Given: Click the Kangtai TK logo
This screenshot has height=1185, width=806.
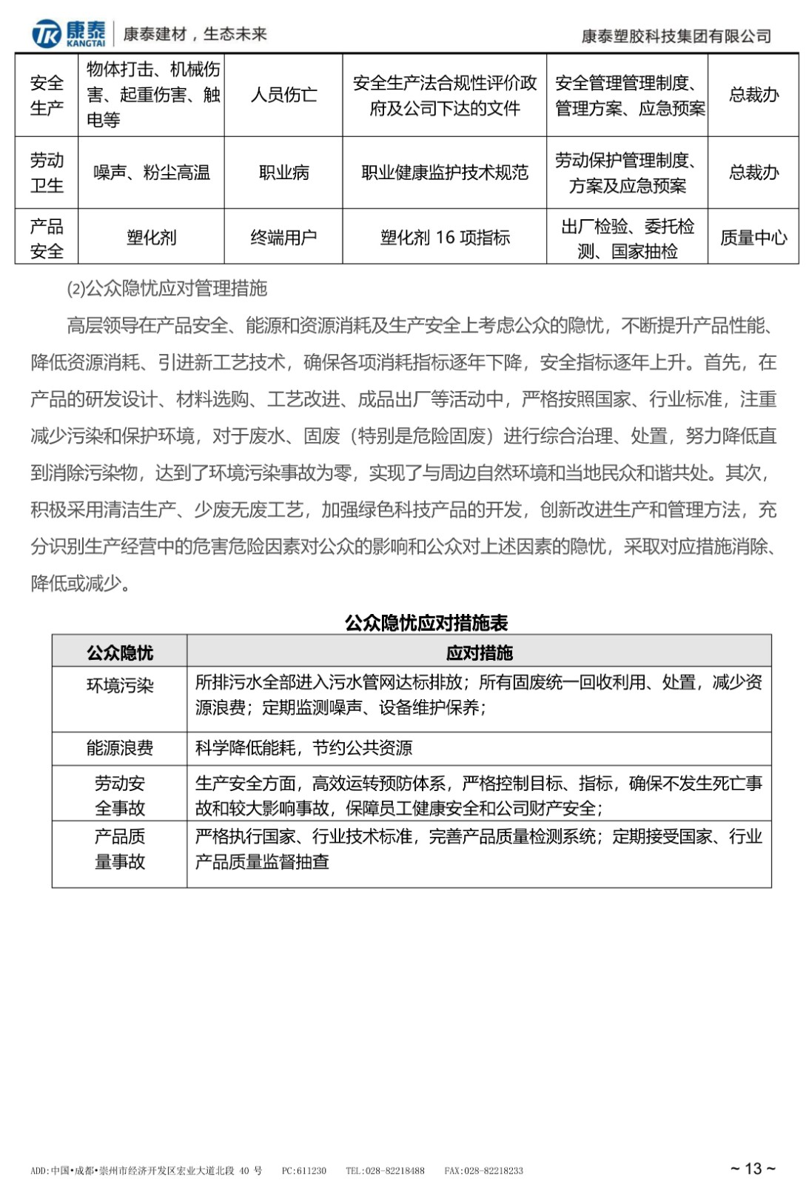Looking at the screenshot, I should click(68, 33).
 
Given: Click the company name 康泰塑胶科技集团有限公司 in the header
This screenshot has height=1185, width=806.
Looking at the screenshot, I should click(676, 36).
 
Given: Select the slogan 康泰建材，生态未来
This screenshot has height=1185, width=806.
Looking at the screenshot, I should click(195, 34).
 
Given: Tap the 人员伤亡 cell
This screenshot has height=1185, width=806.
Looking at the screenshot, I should click(283, 95).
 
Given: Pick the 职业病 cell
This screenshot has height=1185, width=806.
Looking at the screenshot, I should click(283, 173).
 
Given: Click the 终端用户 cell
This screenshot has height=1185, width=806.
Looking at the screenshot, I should click(283, 238).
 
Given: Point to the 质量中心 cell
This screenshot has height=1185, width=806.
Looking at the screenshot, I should click(753, 238).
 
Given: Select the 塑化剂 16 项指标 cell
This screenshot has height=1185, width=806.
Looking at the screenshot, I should click(445, 238).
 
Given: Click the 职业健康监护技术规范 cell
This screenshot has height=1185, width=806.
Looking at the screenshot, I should click(445, 173).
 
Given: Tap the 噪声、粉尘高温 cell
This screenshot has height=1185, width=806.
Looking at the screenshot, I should click(152, 173).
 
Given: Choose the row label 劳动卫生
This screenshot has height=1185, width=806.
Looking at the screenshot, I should click(47, 173).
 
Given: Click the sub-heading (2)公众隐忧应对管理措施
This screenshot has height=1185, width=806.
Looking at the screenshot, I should click(167, 288).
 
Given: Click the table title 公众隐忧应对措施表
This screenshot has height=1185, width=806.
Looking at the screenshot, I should click(426, 622).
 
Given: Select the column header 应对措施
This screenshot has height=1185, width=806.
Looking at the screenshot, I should click(479, 652).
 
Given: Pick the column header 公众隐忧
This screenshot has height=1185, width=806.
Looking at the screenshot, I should click(120, 652).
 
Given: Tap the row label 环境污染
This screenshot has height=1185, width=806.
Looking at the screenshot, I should click(120, 685).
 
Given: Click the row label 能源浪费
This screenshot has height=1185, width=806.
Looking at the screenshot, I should click(120, 748).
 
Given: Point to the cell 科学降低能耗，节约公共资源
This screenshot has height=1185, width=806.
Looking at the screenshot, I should click(303, 748).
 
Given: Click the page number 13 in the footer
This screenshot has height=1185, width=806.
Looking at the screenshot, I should click(753, 1168).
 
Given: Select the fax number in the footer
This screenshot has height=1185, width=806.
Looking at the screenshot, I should click(483, 1171).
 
